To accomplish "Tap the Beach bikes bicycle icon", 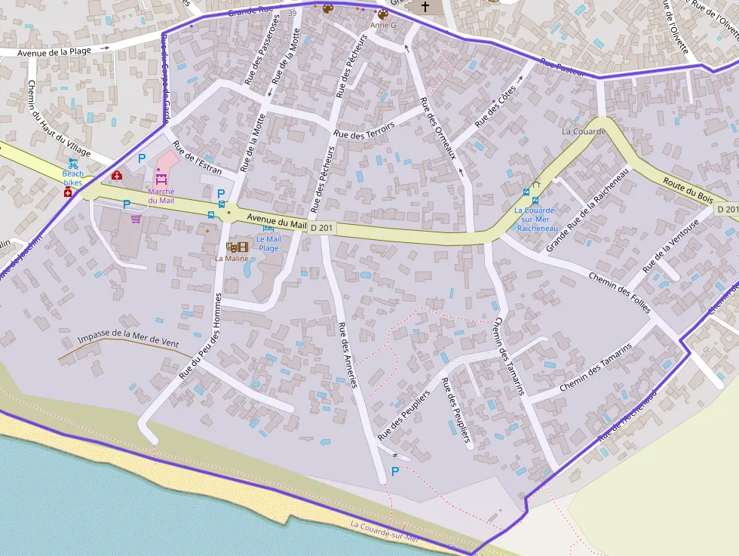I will (73, 163).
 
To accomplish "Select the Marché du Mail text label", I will (161, 195).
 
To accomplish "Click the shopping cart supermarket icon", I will (136, 219).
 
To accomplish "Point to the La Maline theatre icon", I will (237, 247).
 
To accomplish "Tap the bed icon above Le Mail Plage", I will (268, 228).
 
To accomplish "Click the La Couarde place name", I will (584, 131).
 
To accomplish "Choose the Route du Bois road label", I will (687, 189).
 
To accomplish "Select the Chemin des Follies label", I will (619, 287).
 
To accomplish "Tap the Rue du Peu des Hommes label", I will (201, 334).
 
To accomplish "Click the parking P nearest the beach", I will (394, 472).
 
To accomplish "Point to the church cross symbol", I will (425, 7).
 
